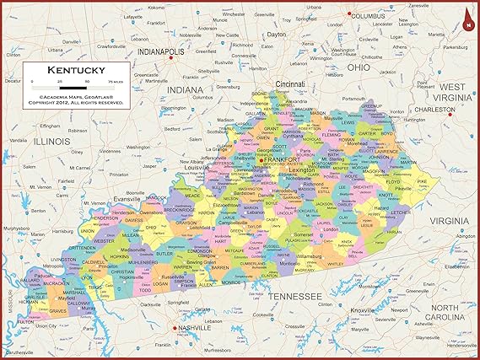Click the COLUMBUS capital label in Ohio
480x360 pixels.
[368, 15]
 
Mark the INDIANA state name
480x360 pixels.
[185, 89]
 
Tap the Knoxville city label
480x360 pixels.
[364, 310]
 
